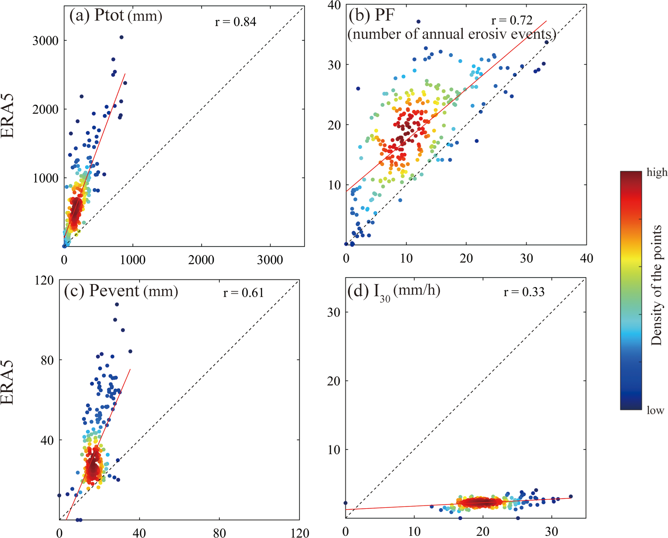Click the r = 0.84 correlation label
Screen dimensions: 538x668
(x=235, y=22)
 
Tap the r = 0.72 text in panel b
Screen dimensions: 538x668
(x=512, y=20)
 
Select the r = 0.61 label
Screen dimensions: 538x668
(x=243, y=292)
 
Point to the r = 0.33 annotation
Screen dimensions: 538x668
(x=524, y=292)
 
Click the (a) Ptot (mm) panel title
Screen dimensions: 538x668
(x=115, y=16)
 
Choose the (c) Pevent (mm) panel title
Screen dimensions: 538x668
(x=121, y=290)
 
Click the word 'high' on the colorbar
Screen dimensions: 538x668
(x=656, y=172)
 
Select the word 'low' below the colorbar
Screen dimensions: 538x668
(x=655, y=410)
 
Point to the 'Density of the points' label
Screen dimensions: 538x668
(x=656, y=285)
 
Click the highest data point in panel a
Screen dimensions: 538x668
(x=122, y=37)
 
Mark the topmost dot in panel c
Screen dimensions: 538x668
(x=117, y=304)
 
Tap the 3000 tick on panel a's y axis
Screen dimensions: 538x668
(x=45, y=41)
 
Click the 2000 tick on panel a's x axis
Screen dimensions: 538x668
(x=201, y=259)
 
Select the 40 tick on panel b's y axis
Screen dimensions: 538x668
(x=334, y=5)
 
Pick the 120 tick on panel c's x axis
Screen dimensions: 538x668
(x=300, y=533)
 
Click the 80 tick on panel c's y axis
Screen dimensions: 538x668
(x=47, y=360)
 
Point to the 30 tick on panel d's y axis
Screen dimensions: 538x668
(x=334, y=312)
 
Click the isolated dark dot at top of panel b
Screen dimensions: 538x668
(x=419, y=22)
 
